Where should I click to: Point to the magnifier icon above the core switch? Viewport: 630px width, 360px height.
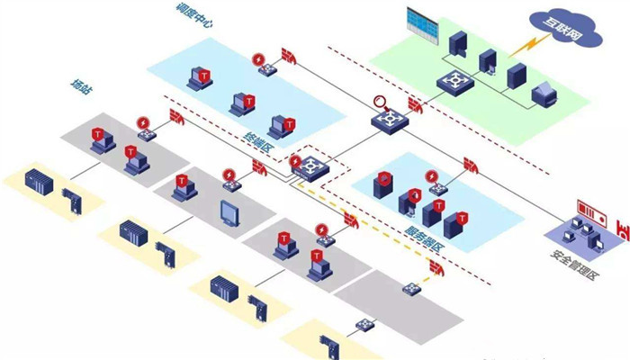click(x=378, y=102)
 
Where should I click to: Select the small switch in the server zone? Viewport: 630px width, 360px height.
click(x=437, y=186)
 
